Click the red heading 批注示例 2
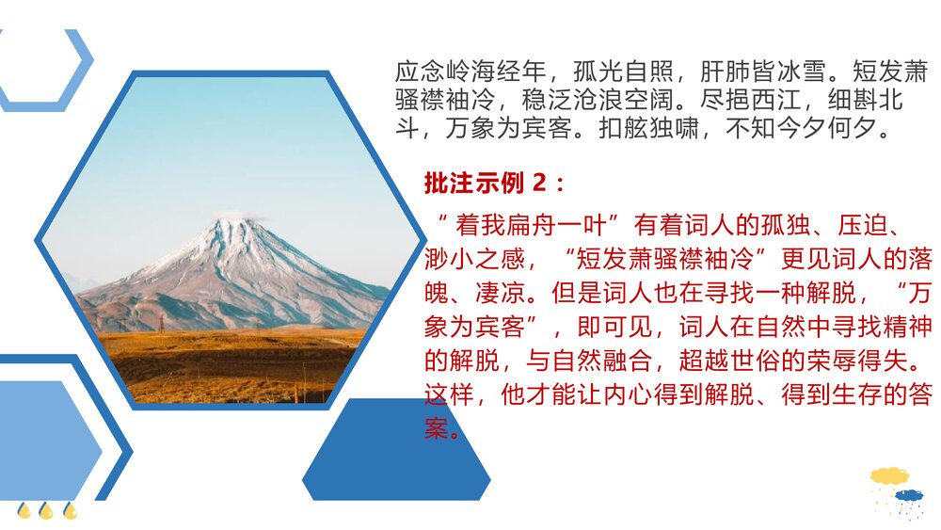pos(495,183)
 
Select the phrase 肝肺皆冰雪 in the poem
pos(763,72)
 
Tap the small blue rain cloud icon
pos(908,496)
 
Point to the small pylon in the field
pos(160,323)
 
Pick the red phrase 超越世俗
pos(719,362)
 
